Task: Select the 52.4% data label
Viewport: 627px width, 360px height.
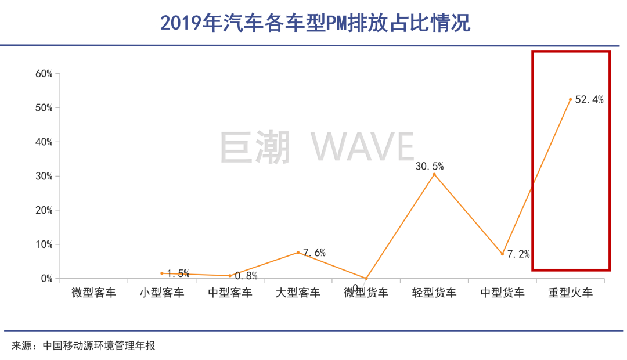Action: click(x=589, y=100)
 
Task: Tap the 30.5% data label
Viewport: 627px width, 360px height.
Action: click(x=430, y=167)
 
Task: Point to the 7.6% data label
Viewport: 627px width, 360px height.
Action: click(x=314, y=253)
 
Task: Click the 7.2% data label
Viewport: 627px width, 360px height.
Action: click(x=518, y=254)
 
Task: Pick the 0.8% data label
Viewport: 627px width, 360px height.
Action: click(x=246, y=276)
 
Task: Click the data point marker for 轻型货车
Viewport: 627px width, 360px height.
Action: click(x=434, y=175)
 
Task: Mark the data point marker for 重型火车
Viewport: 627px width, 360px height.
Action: click(x=571, y=100)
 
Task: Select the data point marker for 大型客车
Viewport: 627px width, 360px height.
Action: click(x=298, y=253)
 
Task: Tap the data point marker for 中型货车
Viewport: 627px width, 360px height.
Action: click(x=503, y=254)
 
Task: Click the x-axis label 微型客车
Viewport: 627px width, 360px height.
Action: click(x=94, y=293)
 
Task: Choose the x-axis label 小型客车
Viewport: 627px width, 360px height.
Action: click(x=162, y=293)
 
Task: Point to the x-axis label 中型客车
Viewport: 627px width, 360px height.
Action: click(x=230, y=293)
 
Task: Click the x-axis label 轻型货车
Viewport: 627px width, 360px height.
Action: click(x=434, y=293)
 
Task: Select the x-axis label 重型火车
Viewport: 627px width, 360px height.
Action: click(x=571, y=293)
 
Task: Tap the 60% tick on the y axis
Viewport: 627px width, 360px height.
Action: click(x=44, y=74)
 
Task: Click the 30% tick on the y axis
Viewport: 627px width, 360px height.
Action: click(x=44, y=176)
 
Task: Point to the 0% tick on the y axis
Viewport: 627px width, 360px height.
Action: click(x=46, y=279)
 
